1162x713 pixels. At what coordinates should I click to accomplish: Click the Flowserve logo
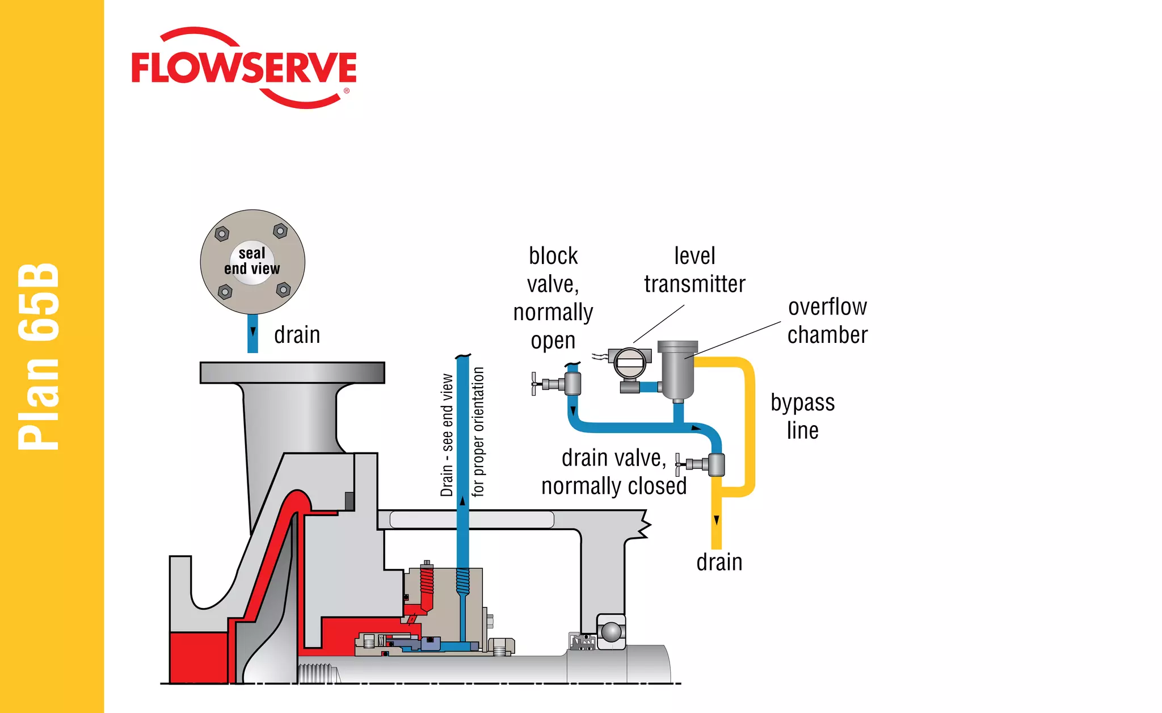[x=244, y=68]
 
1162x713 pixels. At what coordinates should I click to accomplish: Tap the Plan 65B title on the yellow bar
[x=39, y=356]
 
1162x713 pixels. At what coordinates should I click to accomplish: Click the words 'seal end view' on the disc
[x=252, y=261]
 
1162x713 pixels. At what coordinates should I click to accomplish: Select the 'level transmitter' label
[x=694, y=270]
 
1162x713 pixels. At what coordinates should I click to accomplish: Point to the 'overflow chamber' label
[x=827, y=321]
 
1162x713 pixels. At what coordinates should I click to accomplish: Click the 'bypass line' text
[x=802, y=416]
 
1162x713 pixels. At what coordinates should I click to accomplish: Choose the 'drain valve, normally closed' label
[x=614, y=472]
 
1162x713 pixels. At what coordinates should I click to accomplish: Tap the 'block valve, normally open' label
[x=553, y=298]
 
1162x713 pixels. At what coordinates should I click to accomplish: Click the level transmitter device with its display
[x=630, y=363]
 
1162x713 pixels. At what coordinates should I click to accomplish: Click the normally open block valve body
[x=572, y=384]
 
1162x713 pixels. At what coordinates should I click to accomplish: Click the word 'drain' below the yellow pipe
[x=719, y=563]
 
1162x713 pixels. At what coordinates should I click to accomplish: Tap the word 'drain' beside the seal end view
[x=297, y=335]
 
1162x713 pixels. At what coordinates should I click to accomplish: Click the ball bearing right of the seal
[x=611, y=632]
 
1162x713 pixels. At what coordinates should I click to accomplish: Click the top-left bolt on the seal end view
[x=222, y=233]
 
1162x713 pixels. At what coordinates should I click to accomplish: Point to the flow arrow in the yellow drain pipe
[x=717, y=520]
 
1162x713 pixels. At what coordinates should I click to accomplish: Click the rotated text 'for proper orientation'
[x=478, y=431]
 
